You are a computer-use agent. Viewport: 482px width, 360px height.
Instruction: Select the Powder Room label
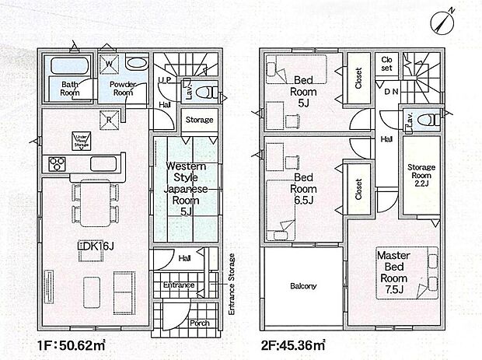(x=122, y=88)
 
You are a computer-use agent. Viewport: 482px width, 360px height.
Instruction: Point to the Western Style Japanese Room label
(x=184, y=187)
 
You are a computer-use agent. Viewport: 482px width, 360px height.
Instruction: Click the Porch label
(x=198, y=323)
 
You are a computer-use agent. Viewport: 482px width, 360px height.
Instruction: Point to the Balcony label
(x=302, y=286)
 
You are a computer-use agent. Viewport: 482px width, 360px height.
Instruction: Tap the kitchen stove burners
(x=58, y=164)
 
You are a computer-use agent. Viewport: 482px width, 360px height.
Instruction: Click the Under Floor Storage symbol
(x=82, y=140)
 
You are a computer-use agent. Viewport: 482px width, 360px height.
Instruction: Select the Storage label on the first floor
(x=199, y=120)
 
